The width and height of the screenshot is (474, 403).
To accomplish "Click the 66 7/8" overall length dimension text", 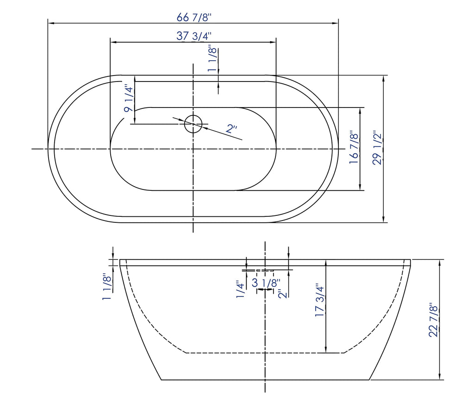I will point(194,18).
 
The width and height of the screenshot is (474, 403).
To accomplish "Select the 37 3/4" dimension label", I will point(194,36).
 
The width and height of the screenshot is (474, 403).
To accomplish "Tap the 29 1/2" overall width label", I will point(378,149).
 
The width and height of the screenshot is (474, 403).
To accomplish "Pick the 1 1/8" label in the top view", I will point(212,59).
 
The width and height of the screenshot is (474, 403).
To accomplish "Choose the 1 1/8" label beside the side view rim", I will point(107,286).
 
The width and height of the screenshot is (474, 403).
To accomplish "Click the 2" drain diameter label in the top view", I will point(231,129).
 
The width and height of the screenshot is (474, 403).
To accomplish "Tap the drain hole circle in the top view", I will point(193,123).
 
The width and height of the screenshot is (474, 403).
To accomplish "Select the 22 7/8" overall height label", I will point(433,320).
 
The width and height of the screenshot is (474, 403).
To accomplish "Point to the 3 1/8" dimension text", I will point(266,283).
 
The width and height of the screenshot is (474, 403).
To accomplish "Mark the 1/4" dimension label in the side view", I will point(240,290).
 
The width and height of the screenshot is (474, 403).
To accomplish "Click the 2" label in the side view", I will point(282,294).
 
